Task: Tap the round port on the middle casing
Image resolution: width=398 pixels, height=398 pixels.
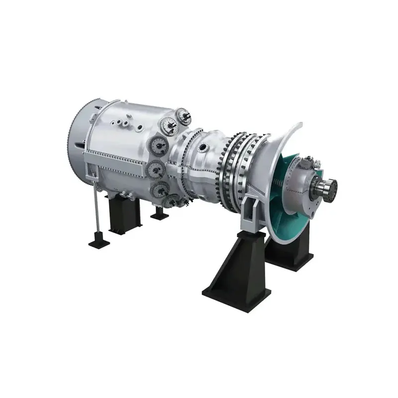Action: click(203, 147)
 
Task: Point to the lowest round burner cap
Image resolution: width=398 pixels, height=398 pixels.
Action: click(175, 202)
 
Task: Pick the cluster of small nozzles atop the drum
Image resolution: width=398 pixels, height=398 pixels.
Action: click(122, 122)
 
